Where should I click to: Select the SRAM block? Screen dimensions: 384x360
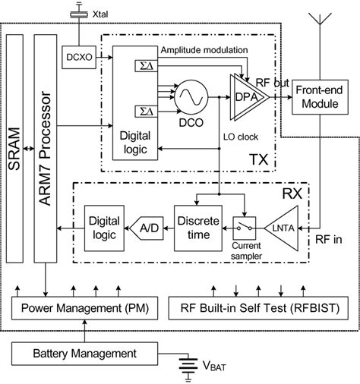(x=16, y=147)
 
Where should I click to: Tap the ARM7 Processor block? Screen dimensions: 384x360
(x=48, y=147)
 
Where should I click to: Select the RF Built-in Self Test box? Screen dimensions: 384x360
(x=259, y=308)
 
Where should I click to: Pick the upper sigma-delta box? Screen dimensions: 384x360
(x=145, y=67)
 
